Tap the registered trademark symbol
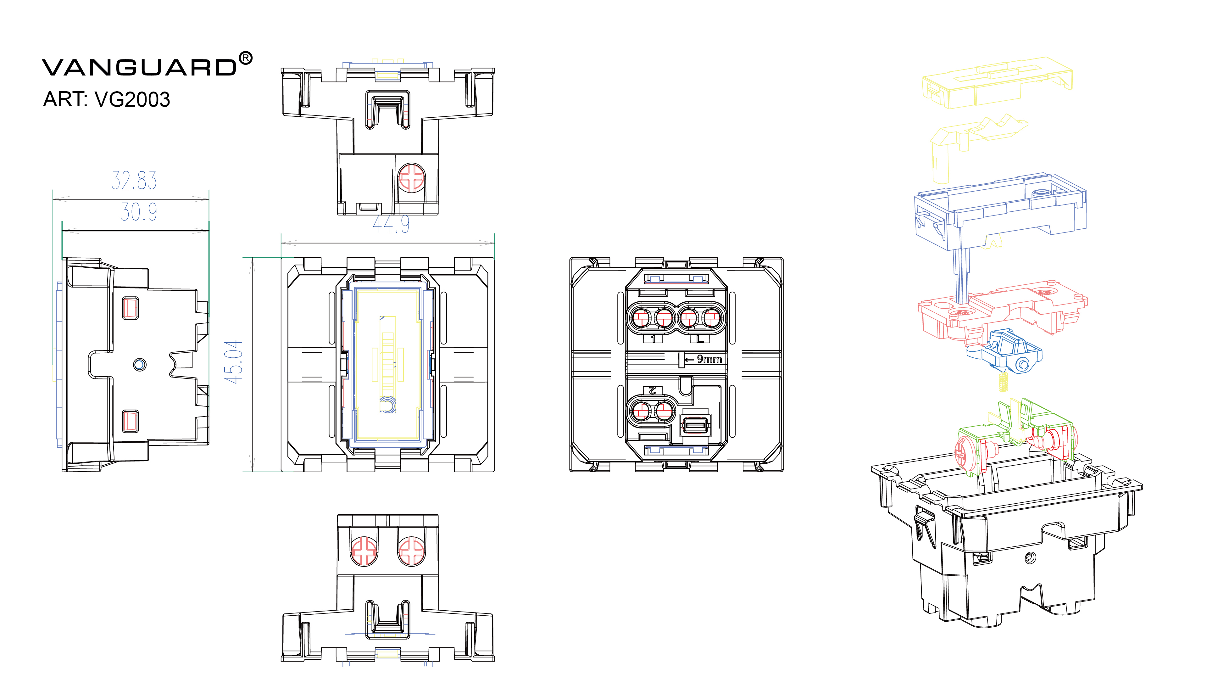(x=245, y=59)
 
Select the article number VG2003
(x=132, y=99)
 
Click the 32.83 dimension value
(x=134, y=180)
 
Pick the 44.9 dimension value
(x=391, y=224)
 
